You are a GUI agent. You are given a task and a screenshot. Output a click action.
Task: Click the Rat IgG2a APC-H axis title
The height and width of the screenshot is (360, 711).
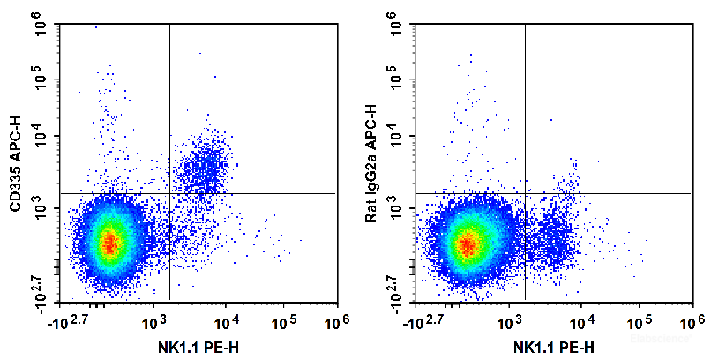371,164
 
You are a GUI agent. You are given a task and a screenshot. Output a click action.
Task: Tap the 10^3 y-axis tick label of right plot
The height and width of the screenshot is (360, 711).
398,208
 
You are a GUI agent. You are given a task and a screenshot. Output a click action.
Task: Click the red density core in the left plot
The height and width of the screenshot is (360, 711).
109,243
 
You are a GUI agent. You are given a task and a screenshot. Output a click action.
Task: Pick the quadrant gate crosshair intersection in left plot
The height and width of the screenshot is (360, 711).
168,192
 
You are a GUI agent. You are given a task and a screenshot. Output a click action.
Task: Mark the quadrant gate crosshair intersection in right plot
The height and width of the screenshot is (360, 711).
525,192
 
